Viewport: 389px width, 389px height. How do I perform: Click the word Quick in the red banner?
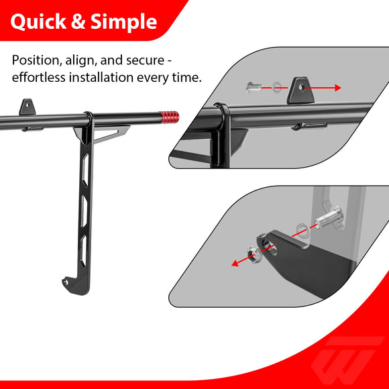click(38, 22)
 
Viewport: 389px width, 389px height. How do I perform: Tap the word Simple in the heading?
click(123, 22)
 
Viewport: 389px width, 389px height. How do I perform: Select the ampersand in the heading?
click(78, 22)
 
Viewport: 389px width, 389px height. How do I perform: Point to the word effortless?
click(38, 77)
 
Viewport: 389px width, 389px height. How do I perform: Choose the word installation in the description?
click(101, 77)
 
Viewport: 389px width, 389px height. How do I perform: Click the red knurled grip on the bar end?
click(169, 117)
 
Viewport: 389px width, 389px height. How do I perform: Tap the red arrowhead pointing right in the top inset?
click(337, 88)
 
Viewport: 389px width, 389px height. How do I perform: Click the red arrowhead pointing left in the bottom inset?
click(235, 263)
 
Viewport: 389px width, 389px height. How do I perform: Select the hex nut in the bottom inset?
click(254, 255)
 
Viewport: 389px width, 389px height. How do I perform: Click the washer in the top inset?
click(276, 87)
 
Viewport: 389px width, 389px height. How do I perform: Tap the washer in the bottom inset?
click(302, 230)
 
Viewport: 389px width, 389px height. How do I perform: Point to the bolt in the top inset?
click(254, 87)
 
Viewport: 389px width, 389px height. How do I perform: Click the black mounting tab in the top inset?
click(300, 90)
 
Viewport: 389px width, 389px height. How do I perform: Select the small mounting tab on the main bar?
click(27, 107)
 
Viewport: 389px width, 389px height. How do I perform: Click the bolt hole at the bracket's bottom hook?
click(66, 282)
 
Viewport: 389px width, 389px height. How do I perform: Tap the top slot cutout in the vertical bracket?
click(85, 170)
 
